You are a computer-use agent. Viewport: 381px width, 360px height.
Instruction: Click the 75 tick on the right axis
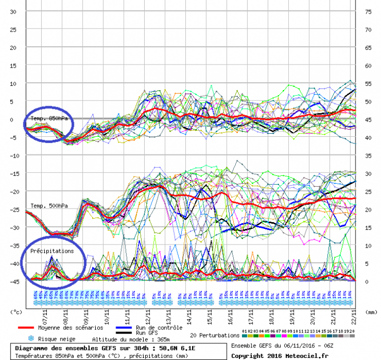367,11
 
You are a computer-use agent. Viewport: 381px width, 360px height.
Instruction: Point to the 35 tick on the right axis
367,156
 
